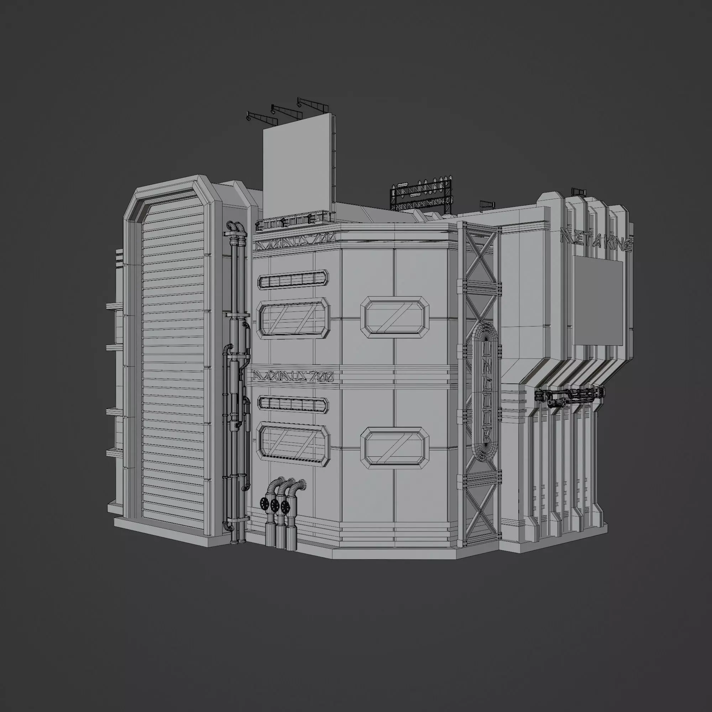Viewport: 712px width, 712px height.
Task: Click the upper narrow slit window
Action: point(293,280)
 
